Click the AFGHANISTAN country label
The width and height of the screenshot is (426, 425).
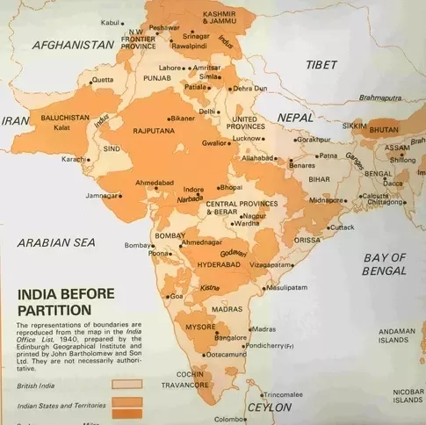coord(74,44)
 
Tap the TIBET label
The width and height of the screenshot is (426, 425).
coord(321,65)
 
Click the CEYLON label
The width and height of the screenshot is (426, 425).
coord(270,407)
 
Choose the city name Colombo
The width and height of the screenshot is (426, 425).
coord(233,419)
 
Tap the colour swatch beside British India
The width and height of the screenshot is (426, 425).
coord(126,384)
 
